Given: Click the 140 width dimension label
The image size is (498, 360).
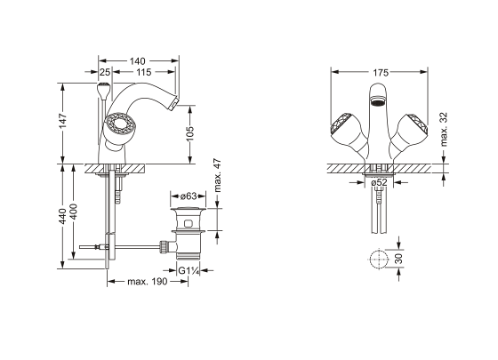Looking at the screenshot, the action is click(x=137, y=61).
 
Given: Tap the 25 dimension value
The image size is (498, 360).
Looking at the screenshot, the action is click(x=105, y=72).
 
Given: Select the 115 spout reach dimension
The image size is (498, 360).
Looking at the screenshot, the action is click(x=144, y=72).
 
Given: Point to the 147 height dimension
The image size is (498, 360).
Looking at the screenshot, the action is click(x=63, y=120).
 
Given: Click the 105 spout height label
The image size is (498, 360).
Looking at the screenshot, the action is click(x=189, y=133).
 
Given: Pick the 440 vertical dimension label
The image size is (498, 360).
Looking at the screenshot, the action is click(x=63, y=216).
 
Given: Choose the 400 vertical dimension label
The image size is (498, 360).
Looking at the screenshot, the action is click(x=73, y=212).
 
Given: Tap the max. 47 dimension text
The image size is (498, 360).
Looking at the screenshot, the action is click(x=217, y=175).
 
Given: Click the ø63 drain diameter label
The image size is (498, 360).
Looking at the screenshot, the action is click(x=189, y=196).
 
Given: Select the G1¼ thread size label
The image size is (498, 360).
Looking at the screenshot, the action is click(x=189, y=271).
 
